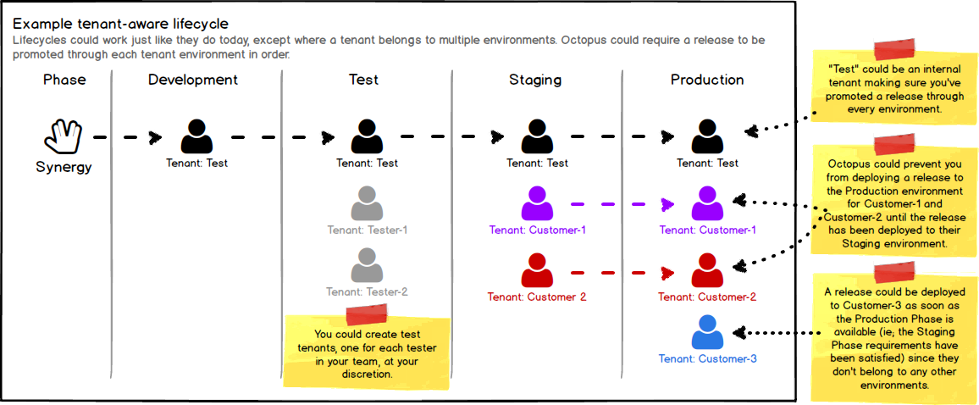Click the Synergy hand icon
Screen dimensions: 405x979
(x=64, y=136)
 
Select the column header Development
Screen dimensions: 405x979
(x=193, y=80)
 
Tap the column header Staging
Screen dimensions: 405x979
(x=534, y=80)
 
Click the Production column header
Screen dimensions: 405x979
(x=707, y=80)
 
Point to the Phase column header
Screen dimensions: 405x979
(x=64, y=80)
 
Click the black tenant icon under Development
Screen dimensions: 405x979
(x=196, y=136)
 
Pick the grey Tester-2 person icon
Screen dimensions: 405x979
(x=367, y=265)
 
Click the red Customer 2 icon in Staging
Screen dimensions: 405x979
(x=537, y=271)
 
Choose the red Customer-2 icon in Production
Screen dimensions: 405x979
(x=707, y=271)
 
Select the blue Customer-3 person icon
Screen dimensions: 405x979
(x=707, y=332)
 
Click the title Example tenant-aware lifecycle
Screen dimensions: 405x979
(x=120, y=23)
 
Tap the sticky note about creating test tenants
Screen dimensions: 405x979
(x=366, y=349)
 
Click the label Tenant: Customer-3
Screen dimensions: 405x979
(x=707, y=358)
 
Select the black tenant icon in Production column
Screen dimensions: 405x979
(x=707, y=136)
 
